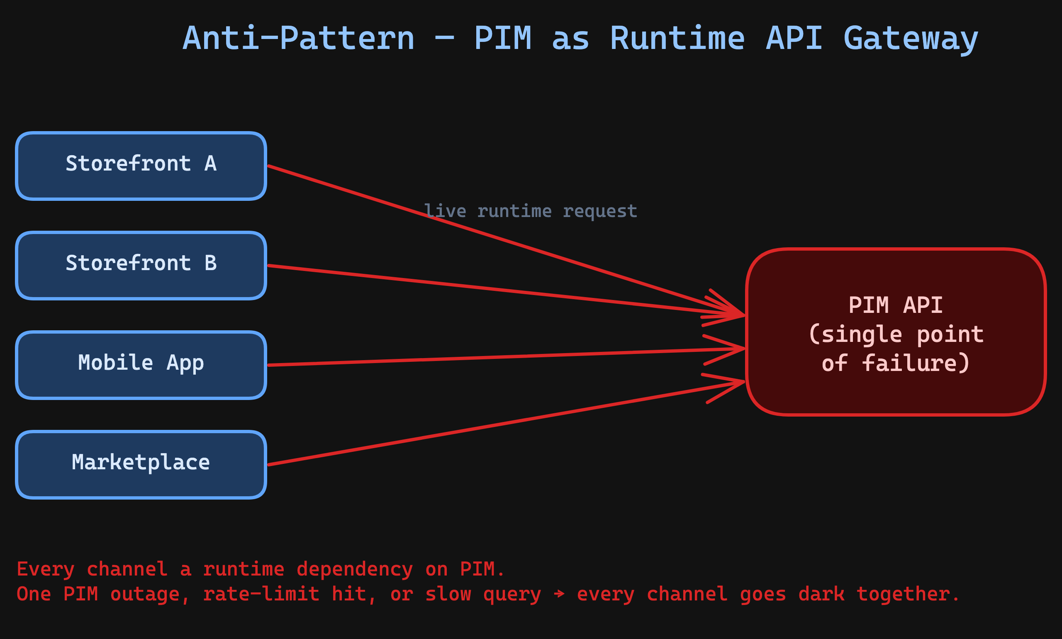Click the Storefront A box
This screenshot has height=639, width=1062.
coord(141,166)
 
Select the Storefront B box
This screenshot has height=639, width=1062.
coord(141,266)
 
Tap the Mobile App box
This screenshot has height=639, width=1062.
coord(141,365)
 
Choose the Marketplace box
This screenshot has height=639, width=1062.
coord(141,465)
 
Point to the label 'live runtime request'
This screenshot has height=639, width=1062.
coord(530,211)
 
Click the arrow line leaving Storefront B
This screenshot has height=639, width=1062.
coord(473,287)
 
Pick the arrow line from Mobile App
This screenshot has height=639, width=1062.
coord(473,357)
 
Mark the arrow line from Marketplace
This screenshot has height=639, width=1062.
coord(473,429)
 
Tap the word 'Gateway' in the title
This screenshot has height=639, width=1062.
coord(911,39)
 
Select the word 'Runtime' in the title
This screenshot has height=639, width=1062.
coord(677,39)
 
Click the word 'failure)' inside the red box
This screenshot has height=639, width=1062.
coord(916,363)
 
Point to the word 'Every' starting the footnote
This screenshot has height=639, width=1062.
coord(45,569)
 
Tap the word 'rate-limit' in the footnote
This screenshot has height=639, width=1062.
coord(261,594)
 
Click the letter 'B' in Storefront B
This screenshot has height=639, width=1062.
coord(210,263)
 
